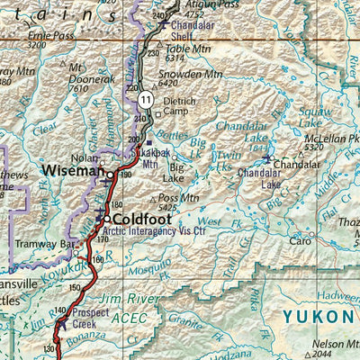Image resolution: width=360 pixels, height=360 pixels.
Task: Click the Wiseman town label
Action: click(x=70, y=170)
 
